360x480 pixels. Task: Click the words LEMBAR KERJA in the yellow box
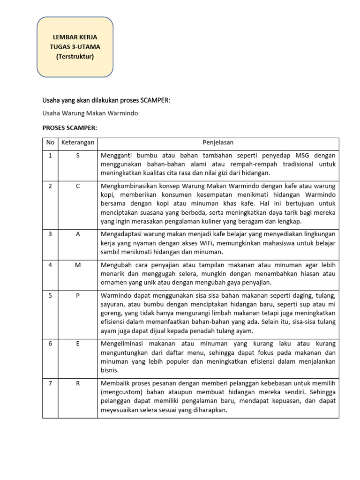point(75,37)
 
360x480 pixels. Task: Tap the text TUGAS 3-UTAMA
point(75,47)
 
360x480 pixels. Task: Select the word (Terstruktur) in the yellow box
point(75,57)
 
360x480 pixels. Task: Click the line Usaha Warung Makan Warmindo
point(90,113)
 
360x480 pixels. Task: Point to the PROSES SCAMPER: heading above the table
point(69,127)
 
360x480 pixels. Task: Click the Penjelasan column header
point(218,142)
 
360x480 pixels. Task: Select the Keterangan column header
point(78,142)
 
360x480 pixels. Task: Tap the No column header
point(50,142)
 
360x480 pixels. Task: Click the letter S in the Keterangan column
point(78,155)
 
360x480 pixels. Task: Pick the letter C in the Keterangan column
point(78,186)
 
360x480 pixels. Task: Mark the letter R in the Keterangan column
point(78,383)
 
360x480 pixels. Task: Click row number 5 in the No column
point(50,295)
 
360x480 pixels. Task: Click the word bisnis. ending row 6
point(109,370)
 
